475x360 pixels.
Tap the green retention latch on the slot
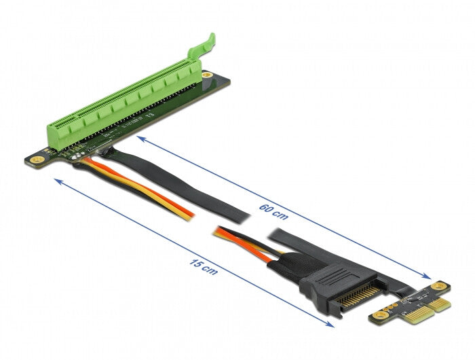pos(208,48)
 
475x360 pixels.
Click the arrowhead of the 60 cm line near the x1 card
pos(427,277)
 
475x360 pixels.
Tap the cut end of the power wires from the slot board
pos(191,215)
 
